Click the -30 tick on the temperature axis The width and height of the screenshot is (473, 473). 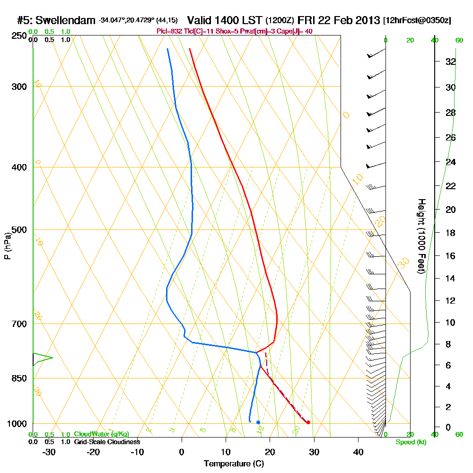click(49, 452)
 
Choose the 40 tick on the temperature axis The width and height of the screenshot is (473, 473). click(358, 452)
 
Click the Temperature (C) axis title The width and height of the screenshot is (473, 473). click(234, 464)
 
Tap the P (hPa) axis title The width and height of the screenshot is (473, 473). click(7, 245)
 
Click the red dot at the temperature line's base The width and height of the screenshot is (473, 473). click(308, 422)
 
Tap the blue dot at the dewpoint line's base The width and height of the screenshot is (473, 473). click(258, 422)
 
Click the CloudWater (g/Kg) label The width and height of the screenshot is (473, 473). click(101, 434)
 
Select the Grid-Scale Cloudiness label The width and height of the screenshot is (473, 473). click(107, 442)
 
